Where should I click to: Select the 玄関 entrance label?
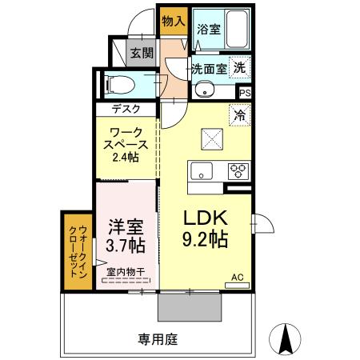coord(142,54)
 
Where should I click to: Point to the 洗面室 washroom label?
coord(209,69)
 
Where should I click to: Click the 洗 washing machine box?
coord(238,68)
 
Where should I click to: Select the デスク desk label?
coord(126,109)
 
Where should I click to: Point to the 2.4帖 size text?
coord(126,158)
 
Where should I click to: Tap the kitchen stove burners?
coord(238,170)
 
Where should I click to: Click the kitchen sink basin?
coord(200,170)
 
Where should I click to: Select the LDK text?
coord(207,218)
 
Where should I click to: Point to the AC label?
coord(237,278)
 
